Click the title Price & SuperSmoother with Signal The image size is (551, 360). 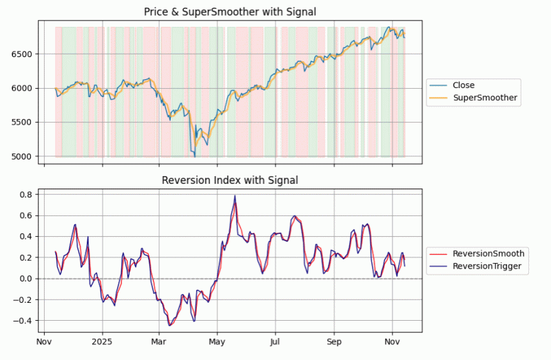[229, 12]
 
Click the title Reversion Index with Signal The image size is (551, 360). [229, 180]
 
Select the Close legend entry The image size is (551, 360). [463, 85]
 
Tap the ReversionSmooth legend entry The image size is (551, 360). [488, 253]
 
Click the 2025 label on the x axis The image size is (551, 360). [102, 341]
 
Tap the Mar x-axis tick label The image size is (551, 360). [159, 341]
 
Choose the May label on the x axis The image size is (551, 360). [217, 341]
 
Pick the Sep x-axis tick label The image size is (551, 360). [334, 341]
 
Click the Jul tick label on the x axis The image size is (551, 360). [275, 341]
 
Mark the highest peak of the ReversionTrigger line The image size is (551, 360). [235, 195]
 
